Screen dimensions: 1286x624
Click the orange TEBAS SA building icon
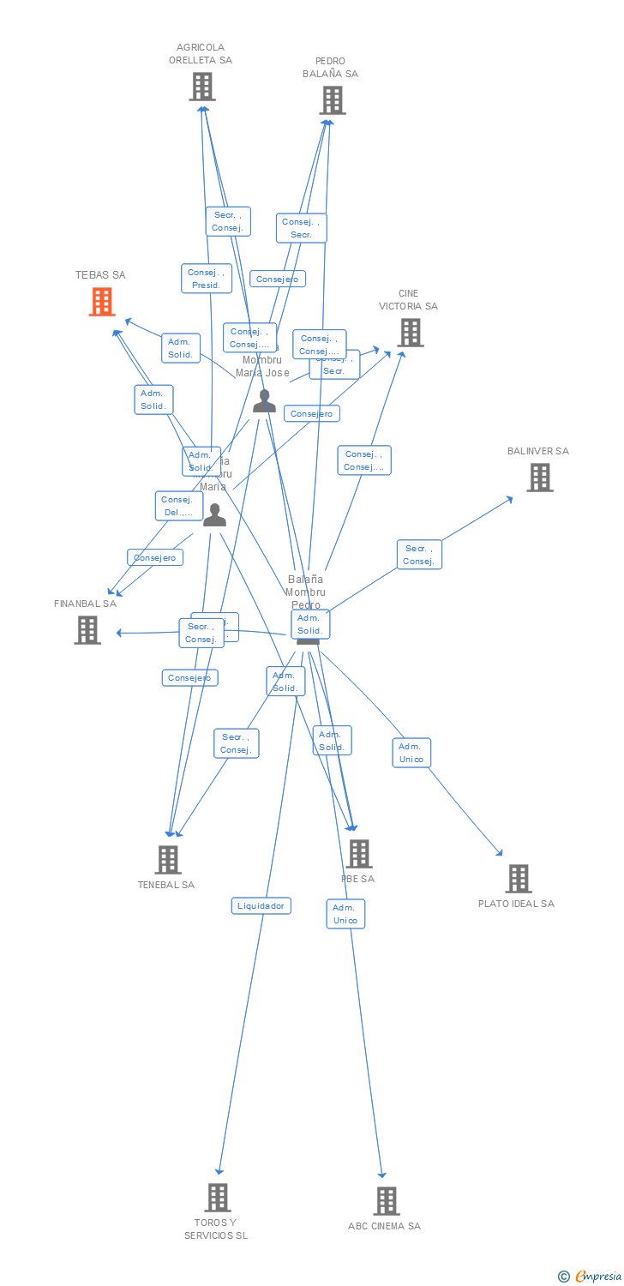click(102, 302)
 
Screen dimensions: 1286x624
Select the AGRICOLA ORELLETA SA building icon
click(202, 87)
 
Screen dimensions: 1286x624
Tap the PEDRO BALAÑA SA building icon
click(333, 100)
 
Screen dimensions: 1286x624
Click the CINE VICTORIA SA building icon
click(411, 333)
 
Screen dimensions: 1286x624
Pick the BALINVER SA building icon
click(539, 478)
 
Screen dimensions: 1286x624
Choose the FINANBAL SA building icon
click(87, 630)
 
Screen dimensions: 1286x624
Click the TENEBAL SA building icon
click(168, 859)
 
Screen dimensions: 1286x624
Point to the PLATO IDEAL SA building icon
click(518, 879)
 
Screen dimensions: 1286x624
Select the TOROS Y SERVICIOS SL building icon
click(218, 1198)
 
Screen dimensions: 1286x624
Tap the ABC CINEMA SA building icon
click(386, 1201)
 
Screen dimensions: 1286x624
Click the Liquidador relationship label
click(261, 905)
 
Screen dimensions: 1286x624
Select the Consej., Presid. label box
click(207, 279)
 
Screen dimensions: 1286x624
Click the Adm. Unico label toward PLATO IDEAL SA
click(411, 753)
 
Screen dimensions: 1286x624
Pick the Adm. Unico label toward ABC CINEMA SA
click(345, 914)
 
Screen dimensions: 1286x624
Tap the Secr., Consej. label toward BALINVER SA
click(419, 555)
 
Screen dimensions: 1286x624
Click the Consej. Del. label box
click(178, 506)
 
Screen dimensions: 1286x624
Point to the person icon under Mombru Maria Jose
click(264, 401)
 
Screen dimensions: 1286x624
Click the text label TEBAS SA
click(100, 275)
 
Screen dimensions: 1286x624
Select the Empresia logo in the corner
click(591, 1277)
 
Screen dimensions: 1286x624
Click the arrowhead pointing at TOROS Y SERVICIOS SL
click(219, 1170)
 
